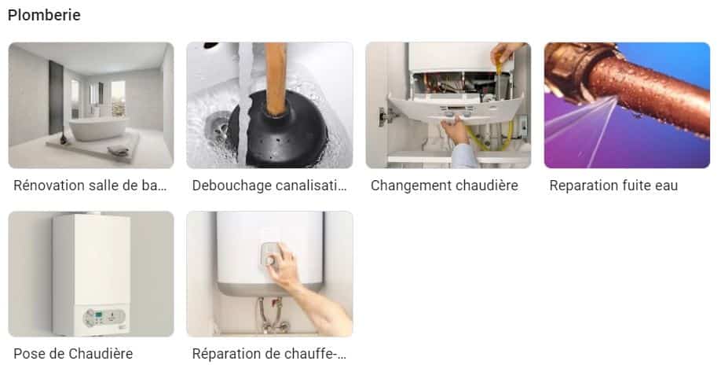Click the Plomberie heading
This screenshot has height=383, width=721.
tap(44, 15)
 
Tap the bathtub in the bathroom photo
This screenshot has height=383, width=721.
tap(97, 129)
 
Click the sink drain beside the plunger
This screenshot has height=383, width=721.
tap(217, 126)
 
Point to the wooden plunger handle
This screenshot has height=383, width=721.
tap(276, 79)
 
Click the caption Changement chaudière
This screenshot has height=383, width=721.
tap(445, 186)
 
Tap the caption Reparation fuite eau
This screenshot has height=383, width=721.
tap(613, 186)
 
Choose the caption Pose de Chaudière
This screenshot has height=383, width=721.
tap(73, 354)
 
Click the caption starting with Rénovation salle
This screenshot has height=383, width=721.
tap(90, 186)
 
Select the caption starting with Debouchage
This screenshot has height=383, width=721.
tap(269, 186)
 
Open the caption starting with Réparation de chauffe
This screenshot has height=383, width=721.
tap(269, 354)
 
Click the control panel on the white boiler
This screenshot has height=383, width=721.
tap(104, 317)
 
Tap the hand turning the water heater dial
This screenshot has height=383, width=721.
tap(282, 265)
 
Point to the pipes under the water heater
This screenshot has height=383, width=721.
tap(271, 315)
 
